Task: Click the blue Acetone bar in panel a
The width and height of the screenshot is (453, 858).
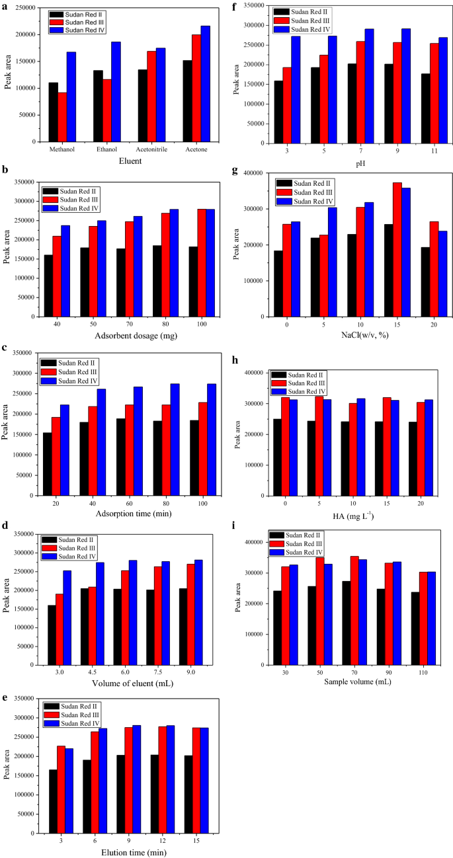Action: pos(205,84)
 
